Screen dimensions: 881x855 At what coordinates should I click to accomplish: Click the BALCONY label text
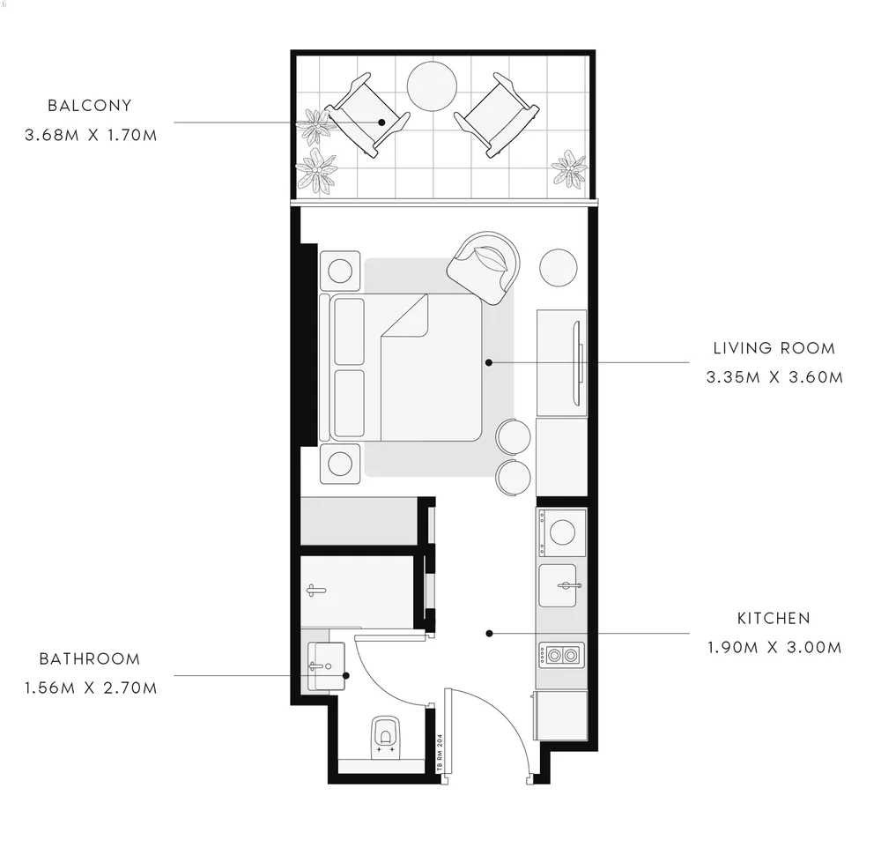click(89, 106)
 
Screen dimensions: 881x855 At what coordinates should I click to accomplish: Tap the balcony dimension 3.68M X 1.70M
click(91, 136)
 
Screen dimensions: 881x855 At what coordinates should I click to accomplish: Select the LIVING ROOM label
click(774, 348)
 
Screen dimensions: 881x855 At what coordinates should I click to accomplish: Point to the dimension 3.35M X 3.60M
click(774, 377)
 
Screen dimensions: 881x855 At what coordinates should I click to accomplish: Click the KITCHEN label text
click(774, 619)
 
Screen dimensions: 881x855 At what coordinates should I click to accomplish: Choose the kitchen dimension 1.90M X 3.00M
click(774, 648)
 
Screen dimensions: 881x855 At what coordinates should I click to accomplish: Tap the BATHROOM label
click(89, 658)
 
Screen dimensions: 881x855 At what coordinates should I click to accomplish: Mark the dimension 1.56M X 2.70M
click(91, 688)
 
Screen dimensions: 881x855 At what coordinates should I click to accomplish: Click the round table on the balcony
click(432, 86)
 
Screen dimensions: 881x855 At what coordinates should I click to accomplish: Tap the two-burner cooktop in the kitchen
click(562, 655)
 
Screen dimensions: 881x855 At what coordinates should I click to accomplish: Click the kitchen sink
click(558, 586)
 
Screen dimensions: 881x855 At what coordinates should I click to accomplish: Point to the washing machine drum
click(562, 532)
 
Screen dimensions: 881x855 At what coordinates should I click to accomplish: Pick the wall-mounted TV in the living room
click(578, 362)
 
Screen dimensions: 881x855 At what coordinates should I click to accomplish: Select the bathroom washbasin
click(326, 666)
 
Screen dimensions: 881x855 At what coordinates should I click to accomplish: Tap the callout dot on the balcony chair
click(381, 122)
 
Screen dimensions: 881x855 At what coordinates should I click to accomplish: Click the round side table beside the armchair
click(559, 268)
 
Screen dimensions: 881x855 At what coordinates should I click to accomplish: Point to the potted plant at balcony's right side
click(570, 168)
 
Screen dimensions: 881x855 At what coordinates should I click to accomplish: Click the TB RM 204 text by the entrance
click(440, 753)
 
